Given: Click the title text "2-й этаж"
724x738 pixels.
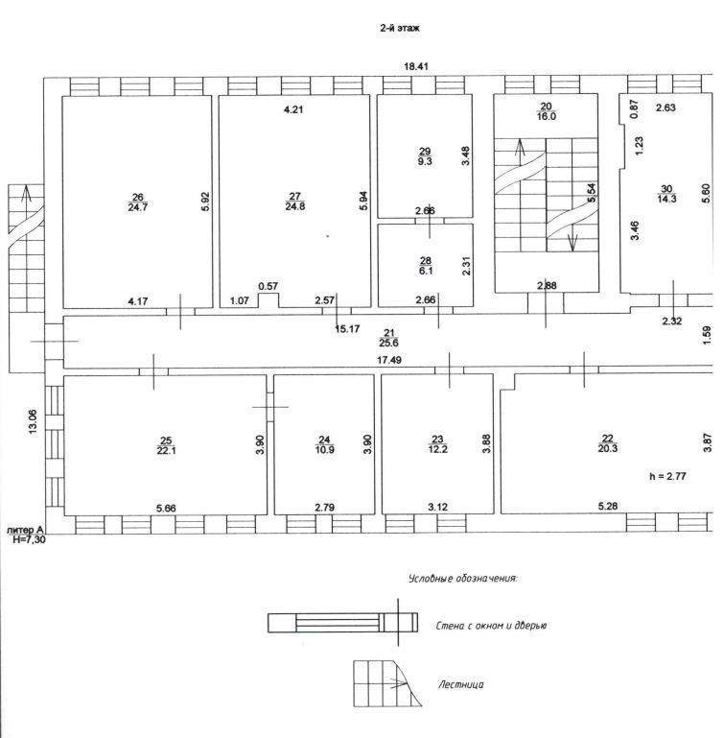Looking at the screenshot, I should click(400, 30).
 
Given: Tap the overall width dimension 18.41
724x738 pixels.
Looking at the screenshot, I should click(415, 66).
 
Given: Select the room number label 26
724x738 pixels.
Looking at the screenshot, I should click(136, 197).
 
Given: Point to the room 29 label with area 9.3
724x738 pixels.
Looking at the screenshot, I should click(425, 156).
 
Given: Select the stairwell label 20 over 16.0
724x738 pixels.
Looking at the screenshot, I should click(546, 110).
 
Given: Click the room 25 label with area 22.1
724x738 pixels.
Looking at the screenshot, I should click(166, 446).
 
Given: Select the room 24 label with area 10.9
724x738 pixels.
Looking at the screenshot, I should click(324, 446).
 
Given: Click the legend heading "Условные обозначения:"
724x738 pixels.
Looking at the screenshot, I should click(462, 579).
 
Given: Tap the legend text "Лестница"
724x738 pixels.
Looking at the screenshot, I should click(460, 684).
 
